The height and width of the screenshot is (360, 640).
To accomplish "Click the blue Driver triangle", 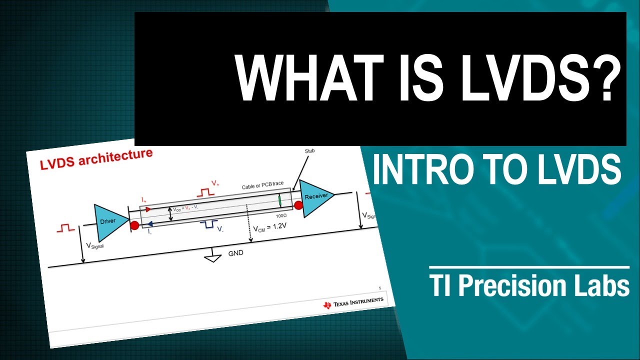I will coord(108,221).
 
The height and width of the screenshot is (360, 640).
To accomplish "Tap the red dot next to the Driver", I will coord(134,225).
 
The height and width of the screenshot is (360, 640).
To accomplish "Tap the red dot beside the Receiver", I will coord(298,205).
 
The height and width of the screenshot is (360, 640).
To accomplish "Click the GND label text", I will coord(235,253).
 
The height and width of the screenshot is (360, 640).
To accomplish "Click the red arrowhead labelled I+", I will coord(148,209).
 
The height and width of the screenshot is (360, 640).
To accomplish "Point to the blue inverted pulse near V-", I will coord(208,225).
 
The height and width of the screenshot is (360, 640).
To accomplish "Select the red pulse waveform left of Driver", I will coord(66,228).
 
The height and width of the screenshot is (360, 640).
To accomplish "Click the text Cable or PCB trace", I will coord(263,185).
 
